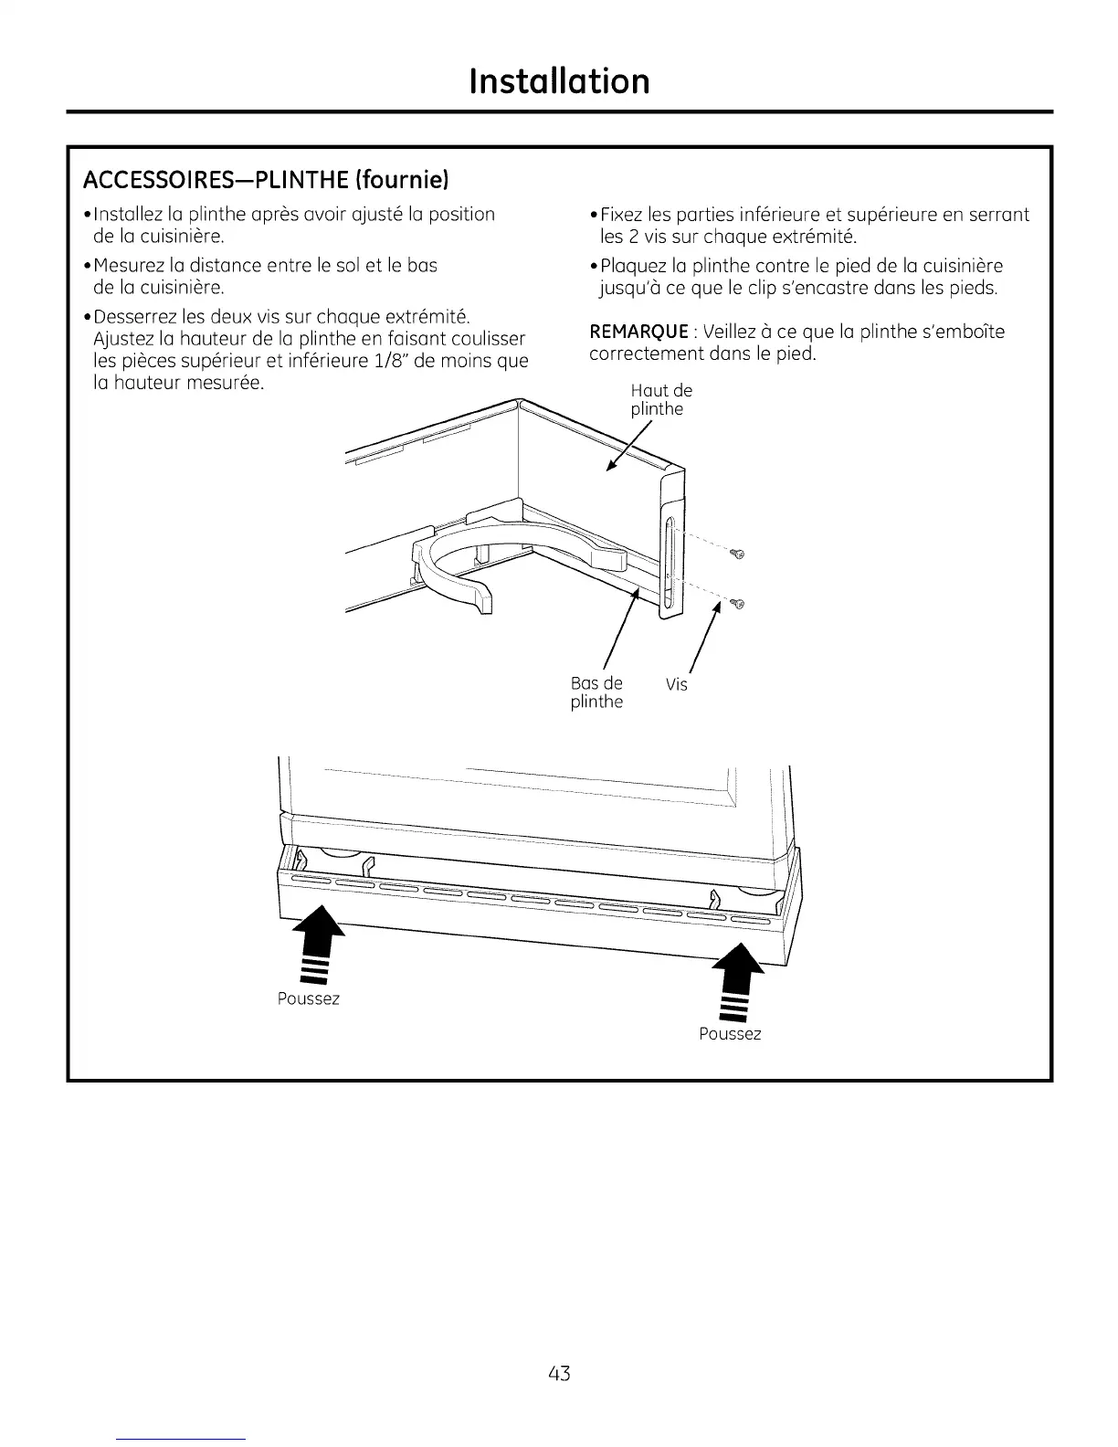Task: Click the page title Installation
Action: click(x=559, y=81)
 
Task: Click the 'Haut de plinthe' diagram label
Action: click(x=660, y=400)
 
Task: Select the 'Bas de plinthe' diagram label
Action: click(x=596, y=692)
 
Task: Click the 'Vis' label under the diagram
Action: click(x=676, y=684)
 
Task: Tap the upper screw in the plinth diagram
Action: click(x=739, y=555)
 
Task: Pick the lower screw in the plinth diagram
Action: click(x=739, y=604)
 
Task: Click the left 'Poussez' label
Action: click(x=308, y=998)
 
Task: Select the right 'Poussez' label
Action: click(x=730, y=1033)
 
